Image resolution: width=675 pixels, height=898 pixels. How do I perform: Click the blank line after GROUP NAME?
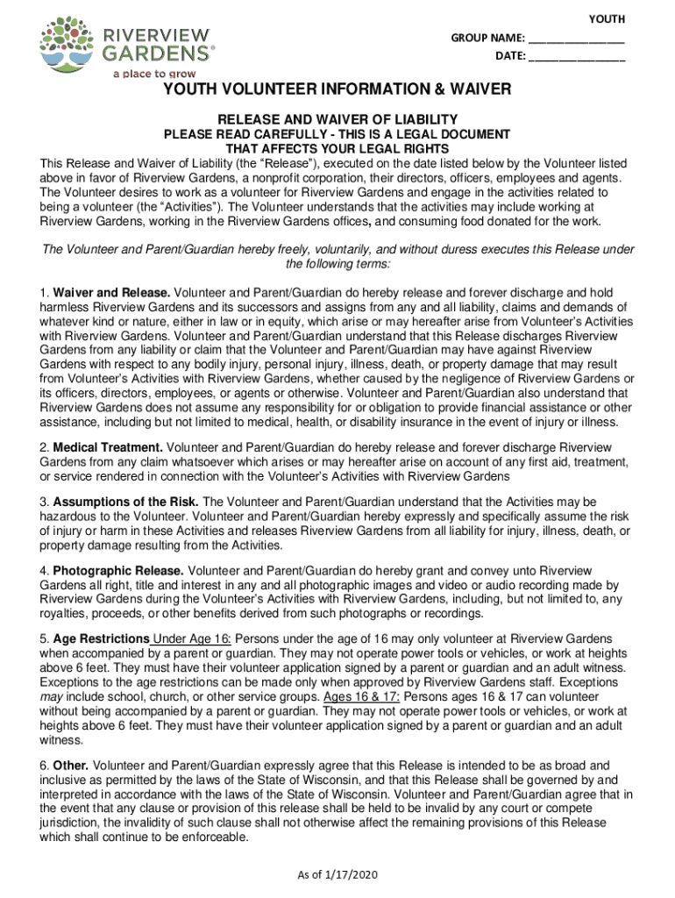tap(576, 39)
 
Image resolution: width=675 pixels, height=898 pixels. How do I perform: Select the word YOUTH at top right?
tap(600, 19)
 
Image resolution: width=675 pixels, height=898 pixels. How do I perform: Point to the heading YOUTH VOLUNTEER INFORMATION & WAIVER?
tap(337, 90)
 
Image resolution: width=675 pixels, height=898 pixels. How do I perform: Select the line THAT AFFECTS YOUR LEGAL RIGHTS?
tap(337, 149)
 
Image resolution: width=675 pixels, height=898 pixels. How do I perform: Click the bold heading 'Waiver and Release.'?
tap(111, 292)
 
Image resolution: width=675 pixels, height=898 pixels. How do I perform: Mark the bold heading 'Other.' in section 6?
tap(71, 766)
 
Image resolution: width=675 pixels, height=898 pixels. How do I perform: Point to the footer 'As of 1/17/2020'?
tap(337, 874)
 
